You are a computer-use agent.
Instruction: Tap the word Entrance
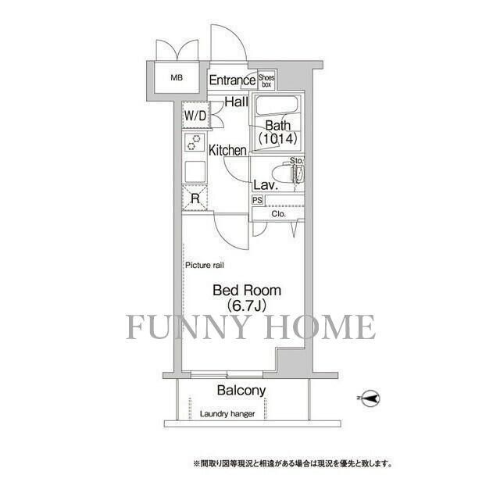pos(232,80)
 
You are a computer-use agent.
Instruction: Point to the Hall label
pos(237,102)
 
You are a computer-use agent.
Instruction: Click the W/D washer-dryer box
pos(195,116)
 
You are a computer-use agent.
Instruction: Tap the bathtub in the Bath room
pos(277,108)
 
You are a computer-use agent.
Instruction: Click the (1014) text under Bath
pos(277,139)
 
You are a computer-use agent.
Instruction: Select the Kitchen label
pos(227,150)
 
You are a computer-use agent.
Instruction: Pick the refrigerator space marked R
pos(195,198)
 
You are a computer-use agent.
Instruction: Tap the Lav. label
pos(262,186)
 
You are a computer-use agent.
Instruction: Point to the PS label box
pos(257,200)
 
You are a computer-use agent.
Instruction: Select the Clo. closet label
pos(278,213)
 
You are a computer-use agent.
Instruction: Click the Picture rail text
pos(205,266)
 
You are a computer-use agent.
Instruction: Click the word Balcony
pos(241,391)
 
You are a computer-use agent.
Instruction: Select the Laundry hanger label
pos(227,414)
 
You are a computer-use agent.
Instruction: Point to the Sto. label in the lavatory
pos(297,161)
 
